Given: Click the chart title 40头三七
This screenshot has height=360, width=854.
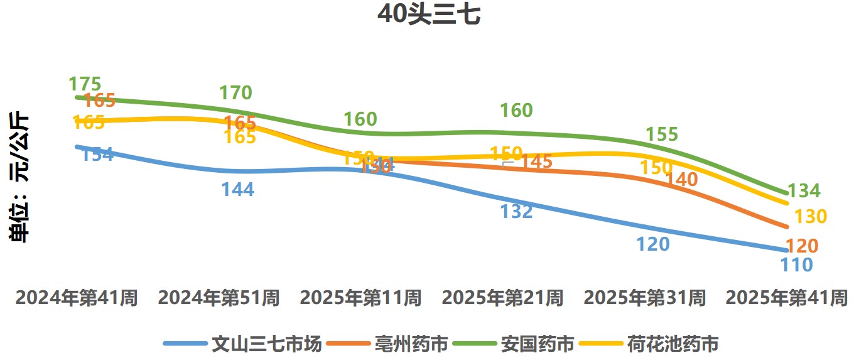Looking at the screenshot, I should [x=429, y=15].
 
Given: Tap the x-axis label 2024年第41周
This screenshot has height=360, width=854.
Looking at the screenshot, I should [x=77, y=298].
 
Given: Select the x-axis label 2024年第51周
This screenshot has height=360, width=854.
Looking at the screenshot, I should [x=219, y=298].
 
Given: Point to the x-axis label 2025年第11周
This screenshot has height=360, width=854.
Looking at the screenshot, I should [x=360, y=298].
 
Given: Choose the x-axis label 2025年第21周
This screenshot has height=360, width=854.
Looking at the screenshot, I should [x=502, y=298].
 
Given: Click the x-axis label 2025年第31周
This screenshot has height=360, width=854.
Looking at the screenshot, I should [x=644, y=298].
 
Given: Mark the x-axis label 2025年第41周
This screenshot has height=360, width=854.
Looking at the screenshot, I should [x=786, y=298].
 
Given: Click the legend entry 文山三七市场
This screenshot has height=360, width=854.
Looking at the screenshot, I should [x=267, y=344].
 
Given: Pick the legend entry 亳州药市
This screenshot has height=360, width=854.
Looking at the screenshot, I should [x=411, y=344].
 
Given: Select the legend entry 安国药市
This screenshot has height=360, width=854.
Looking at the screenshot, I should [x=537, y=344].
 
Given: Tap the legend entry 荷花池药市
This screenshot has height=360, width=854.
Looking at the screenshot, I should [x=673, y=344].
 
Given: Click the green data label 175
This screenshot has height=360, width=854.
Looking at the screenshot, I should [x=85, y=84].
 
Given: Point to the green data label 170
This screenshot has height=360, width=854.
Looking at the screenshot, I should [x=235, y=93].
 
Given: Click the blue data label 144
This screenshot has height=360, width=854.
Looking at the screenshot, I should [x=237, y=189].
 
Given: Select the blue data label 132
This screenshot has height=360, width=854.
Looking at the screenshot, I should [x=516, y=211].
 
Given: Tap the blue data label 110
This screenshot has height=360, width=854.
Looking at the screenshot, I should [x=796, y=265].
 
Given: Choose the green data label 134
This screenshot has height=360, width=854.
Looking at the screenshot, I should [x=804, y=191].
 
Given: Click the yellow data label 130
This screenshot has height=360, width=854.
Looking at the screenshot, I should [x=811, y=217].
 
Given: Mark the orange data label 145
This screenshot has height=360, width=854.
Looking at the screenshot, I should [x=536, y=161].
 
